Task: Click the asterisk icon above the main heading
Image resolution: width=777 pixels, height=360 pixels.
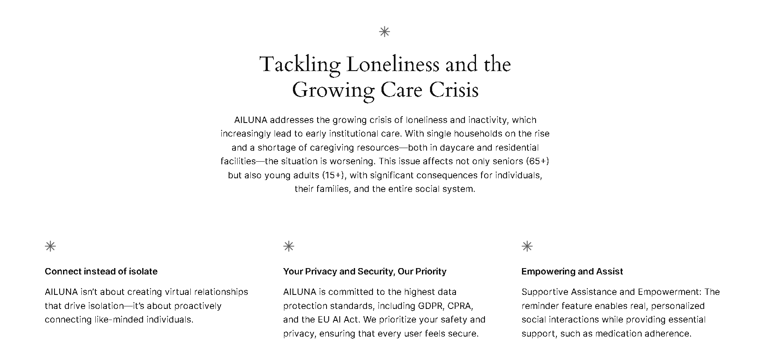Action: tap(384, 31)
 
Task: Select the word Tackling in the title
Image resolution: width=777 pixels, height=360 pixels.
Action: tap(300, 65)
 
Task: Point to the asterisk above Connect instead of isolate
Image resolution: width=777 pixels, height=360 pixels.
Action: tap(50, 246)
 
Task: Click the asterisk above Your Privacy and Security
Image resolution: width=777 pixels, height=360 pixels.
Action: tap(289, 246)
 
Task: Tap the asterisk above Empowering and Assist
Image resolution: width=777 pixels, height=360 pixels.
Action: tap(527, 246)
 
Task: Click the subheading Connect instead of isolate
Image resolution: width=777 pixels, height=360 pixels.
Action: tap(101, 271)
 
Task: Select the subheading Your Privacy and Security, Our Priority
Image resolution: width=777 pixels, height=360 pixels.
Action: tap(364, 271)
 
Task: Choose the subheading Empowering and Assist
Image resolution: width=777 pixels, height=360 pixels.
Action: tap(572, 271)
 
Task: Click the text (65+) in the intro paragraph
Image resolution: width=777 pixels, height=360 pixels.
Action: tap(537, 161)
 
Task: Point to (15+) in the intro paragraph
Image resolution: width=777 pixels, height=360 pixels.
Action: tap(334, 175)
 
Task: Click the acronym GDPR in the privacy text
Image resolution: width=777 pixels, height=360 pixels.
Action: tap(430, 306)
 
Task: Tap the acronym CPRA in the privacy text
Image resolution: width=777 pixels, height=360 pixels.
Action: tap(460, 306)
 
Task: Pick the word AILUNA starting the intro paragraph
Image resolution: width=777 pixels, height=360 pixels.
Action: tap(250, 120)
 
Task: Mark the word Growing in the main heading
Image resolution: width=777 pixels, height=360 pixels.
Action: tap(333, 90)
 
